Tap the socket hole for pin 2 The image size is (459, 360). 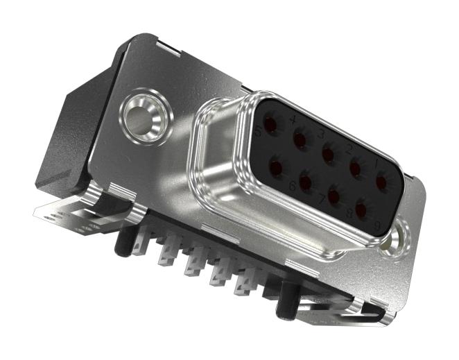click(356, 166)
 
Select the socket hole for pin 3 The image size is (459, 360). click(328, 153)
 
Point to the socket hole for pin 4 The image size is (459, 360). click(300, 140)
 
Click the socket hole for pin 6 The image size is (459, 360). click(277, 168)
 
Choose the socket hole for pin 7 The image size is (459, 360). click(306, 182)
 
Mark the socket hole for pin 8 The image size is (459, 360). click(334, 196)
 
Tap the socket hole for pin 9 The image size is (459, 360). click(361, 209)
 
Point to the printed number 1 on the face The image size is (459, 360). click(376, 164)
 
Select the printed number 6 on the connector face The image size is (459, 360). click(292, 185)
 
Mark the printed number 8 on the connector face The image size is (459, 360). click(349, 214)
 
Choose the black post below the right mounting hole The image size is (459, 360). click(284, 303)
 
